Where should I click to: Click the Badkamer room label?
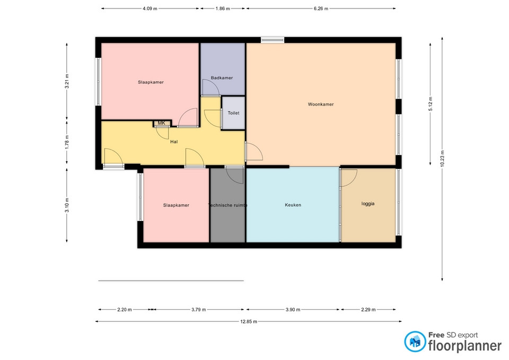pyautogui.click(x=222, y=78)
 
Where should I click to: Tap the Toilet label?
pyautogui.click(x=233, y=113)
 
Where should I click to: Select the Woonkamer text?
pyautogui.click(x=321, y=104)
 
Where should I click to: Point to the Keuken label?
pyautogui.click(x=293, y=205)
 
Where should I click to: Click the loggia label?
pyautogui.click(x=368, y=204)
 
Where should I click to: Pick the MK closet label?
pyautogui.click(x=161, y=123)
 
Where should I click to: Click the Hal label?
pyautogui.click(x=174, y=142)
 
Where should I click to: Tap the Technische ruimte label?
pyautogui.click(x=227, y=205)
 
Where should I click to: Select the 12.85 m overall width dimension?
pyautogui.click(x=249, y=322)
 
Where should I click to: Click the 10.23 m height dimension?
pyautogui.click(x=442, y=159)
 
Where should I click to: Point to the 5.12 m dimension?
pyautogui.click(x=431, y=104)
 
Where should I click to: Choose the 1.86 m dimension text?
pyautogui.click(x=223, y=9)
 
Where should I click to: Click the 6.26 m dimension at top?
pyautogui.click(x=321, y=9)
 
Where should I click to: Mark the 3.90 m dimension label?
pyautogui.click(x=293, y=310)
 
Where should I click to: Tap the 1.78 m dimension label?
pyautogui.click(x=67, y=142)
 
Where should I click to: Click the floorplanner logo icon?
pyautogui.click(x=415, y=341)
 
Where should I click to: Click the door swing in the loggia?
pyautogui.click(x=349, y=178)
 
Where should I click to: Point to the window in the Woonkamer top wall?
pyautogui.click(x=273, y=40)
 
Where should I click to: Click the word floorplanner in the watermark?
pyautogui.click(x=465, y=346)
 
